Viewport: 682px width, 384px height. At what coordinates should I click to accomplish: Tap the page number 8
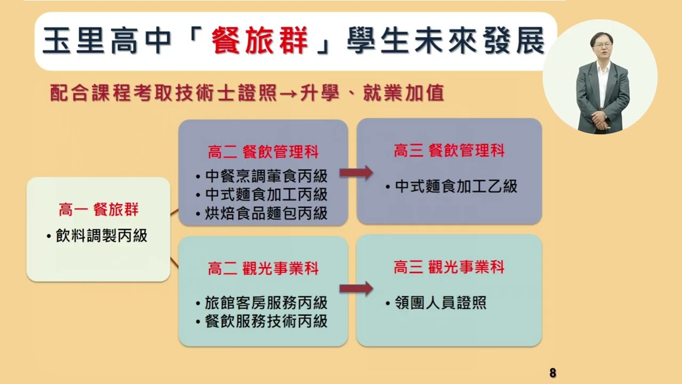tap(553, 373)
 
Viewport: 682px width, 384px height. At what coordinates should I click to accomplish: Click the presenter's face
tap(602, 46)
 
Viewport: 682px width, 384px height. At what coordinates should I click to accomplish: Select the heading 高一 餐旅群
tap(99, 210)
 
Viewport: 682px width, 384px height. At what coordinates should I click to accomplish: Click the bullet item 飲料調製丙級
tap(101, 236)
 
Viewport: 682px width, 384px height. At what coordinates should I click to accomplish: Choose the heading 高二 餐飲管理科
tap(263, 152)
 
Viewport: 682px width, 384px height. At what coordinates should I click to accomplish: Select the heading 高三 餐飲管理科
tap(449, 151)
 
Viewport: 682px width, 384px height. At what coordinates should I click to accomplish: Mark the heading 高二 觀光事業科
tap(263, 268)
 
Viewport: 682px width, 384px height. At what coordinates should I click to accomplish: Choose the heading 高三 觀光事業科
tap(449, 267)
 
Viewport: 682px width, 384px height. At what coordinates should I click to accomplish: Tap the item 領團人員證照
tap(441, 303)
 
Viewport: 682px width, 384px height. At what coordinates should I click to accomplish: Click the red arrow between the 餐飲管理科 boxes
tap(356, 173)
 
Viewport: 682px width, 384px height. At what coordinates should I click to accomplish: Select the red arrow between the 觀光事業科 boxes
tap(356, 289)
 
